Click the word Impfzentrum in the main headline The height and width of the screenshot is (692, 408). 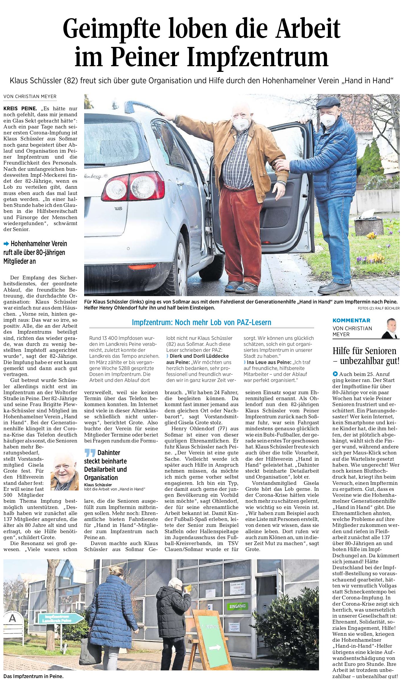pyautogui.click(x=257, y=58)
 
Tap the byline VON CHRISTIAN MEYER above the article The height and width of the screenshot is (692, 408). pyautogui.click(x=30, y=97)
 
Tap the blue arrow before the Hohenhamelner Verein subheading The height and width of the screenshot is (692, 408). pyautogui.click(x=6, y=244)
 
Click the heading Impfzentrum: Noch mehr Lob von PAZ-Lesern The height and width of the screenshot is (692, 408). pyautogui.click(x=201, y=322)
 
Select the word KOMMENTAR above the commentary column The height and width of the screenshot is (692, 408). pyautogui.click(x=351, y=320)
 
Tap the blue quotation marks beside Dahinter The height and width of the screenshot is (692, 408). pyautogui.click(x=90, y=453)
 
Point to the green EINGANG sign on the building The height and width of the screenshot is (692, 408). pyautogui.click(x=237, y=606)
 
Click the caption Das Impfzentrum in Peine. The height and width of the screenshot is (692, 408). pyautogui.click(x=34, y=676)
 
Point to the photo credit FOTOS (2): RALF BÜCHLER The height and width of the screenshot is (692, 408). pyautogui.click(x=378, y=308)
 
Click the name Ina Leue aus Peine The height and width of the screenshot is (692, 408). pyautogui.click(x=268, y=362)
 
